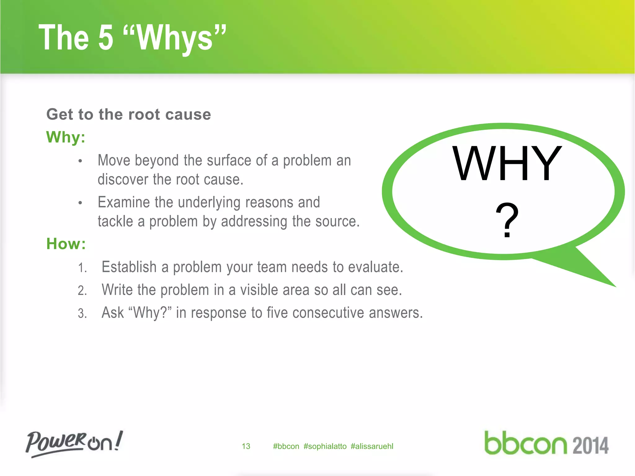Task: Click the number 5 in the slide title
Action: point(106,38)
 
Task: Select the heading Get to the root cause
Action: point(129,114)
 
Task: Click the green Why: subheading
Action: point(66,137)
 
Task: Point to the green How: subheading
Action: point(66,244)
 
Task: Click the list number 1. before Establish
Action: point(82,268)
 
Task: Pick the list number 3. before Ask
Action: point(82,313)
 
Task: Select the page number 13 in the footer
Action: point(246,446)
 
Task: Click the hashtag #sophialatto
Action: point(325,446)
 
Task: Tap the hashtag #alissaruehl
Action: point(372,446)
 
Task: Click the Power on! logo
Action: point(74,443)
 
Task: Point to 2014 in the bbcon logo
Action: point(590,446)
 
